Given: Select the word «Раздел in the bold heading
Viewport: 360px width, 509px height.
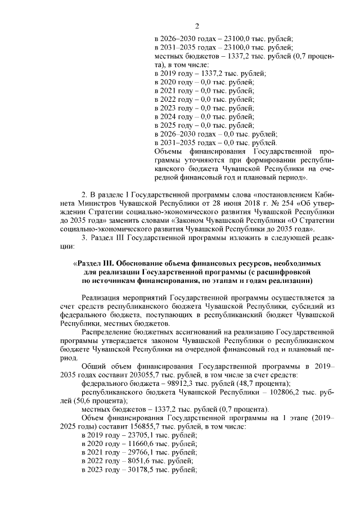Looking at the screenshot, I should tap(91, 263).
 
